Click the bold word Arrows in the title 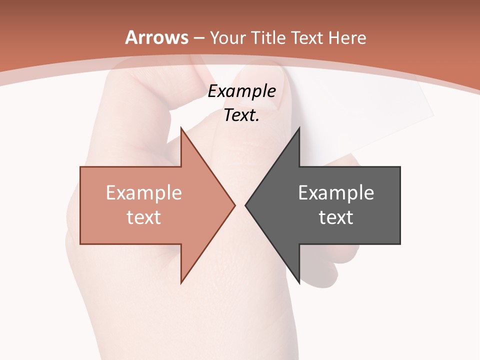point(156,37)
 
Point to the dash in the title point(199,38)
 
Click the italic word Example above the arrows point(242,91)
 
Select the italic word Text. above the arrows point(242,115)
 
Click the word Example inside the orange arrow point(144,192)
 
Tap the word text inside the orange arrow point(144,217)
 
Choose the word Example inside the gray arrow point(336,192)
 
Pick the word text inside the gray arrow point(336,217)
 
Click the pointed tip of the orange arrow point(234,205)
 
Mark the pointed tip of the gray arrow point(246,205)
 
